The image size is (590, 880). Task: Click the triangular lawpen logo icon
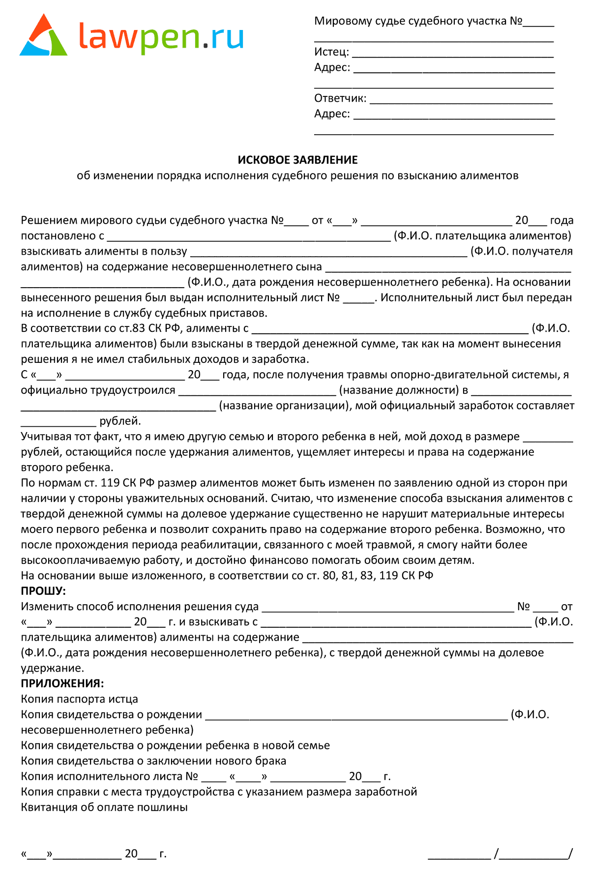(x=43, y=37)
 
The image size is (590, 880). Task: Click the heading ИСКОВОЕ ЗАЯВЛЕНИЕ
(x=297, y=160)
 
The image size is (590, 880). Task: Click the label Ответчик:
(x=340, y=98)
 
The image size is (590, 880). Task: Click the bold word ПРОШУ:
(x=43, y=591)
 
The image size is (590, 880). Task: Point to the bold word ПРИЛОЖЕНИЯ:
(x=62, y=683)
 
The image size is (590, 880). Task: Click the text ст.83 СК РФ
(x=150, y=328)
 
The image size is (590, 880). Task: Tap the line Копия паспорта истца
(x=79, y=699)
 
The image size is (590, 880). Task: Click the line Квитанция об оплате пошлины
(x=104, y=807)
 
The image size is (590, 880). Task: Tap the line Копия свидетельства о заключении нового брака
(x=153, y=761)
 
